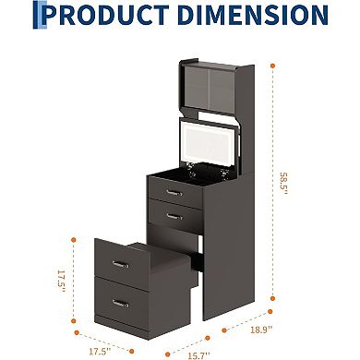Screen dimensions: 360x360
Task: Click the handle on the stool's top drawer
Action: (x=119, y=265)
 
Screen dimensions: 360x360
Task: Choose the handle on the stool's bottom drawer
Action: (x=119, y=302)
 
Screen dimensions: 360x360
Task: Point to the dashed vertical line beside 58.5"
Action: (x=274, y=185)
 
